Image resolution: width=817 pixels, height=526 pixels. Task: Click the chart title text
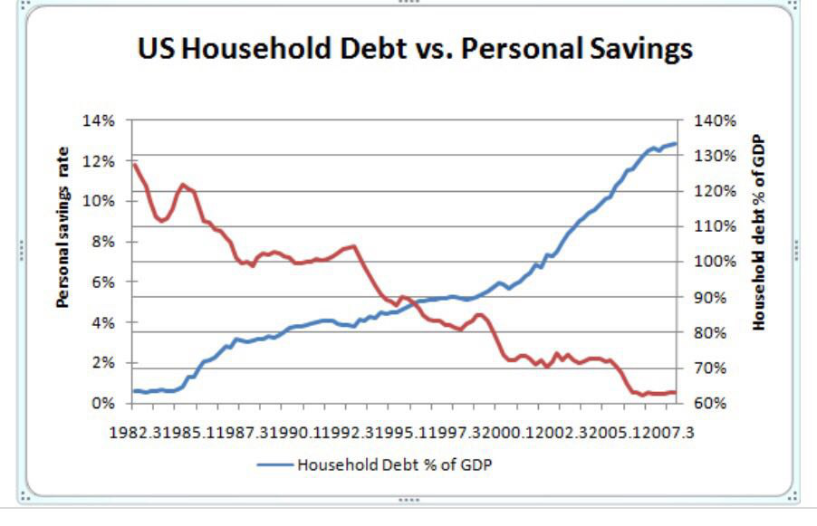click(415, 48)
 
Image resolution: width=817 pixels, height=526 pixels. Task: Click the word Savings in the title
click(632, 48)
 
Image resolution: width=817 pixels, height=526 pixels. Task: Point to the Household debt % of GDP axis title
click(759, 234)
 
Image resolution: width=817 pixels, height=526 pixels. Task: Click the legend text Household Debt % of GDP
click(395, 464)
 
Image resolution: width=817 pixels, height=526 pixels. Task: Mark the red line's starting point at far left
click(134, 165)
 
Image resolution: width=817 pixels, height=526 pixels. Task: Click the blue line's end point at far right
click(675, 144)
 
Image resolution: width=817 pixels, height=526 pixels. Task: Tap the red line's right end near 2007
click(675, 392)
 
